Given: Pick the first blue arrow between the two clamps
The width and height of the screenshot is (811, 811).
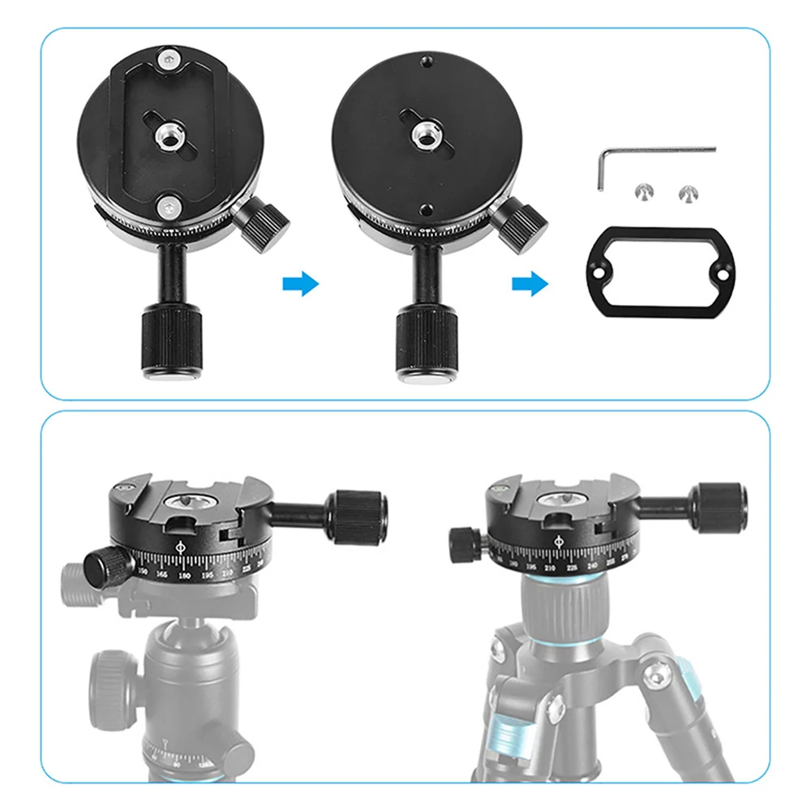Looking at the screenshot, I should point(301,285).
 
